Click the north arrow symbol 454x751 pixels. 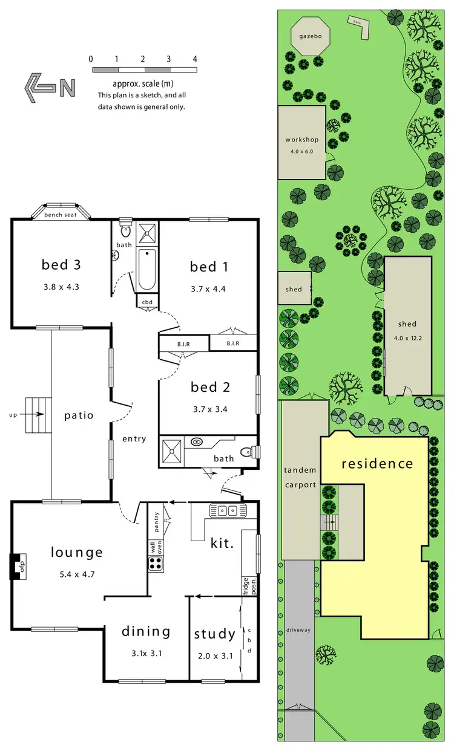pos(50,88)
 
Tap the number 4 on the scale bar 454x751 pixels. pos(195,59)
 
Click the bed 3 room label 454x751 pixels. pos(61,264)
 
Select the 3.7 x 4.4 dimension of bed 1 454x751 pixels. pos(208,288)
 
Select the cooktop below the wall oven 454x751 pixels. pos(156,564)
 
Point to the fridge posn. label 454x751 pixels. pos(246,579)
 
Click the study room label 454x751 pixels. pos(214,634)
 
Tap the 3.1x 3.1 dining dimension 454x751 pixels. pos(146,653)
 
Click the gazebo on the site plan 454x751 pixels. pos(309,36)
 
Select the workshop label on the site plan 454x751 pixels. pos(301,140)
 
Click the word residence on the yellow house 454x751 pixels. pos(377,464)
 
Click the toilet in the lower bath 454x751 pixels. pos(247,452)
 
